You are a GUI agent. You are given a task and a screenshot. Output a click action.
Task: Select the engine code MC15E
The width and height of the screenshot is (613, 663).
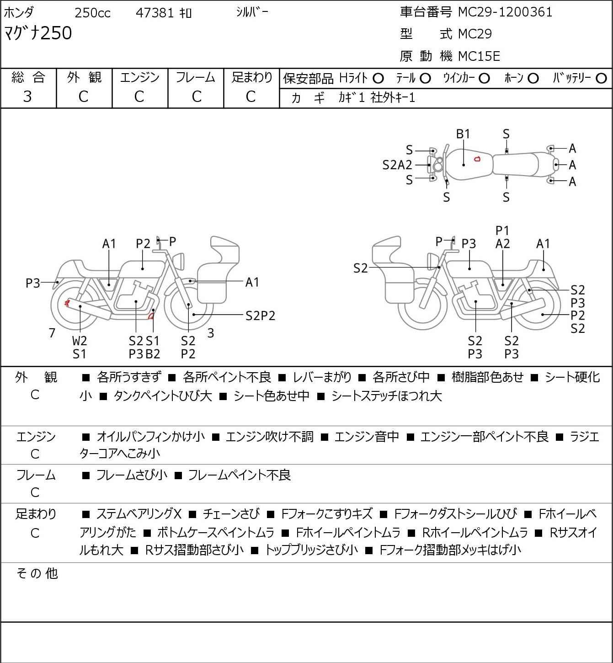pyautogui.click(x=479, y=56)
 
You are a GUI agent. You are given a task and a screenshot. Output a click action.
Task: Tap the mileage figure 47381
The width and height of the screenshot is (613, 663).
pyautogui.click(x=155, y=13)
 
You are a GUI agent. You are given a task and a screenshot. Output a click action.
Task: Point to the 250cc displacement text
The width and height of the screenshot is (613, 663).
pyautogui.click(x=92, y=13)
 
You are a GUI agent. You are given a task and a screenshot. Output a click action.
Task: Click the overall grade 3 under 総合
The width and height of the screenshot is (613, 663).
pyautogui.click(x=27, y=96)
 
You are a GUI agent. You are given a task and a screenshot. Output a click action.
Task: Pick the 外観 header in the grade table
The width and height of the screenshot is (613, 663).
pyautogui.click(x=84, y=77)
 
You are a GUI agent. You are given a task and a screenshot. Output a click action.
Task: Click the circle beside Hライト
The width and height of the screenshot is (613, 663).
pyautogui.click(x=378, y=79)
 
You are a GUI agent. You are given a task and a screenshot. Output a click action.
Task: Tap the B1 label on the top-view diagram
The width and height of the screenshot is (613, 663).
pyautogui.click(x=463, y=134)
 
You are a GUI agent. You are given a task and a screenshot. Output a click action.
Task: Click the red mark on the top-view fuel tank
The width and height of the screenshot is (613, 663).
pyautogui.click(x=477, y=159)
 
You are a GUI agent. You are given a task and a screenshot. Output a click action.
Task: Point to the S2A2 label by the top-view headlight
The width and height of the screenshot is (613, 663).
pyautogui.click(x=397, y=165)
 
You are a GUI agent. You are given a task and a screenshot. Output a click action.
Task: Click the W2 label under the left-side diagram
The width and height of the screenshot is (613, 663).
pyautogui.click(x=80, y=341)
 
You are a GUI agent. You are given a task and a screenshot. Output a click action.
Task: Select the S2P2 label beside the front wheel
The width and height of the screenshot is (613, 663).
pyautogui.click(x=260, y=315)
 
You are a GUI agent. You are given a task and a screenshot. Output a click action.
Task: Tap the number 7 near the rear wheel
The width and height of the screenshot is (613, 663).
pyautogui.click(x=53, y=333)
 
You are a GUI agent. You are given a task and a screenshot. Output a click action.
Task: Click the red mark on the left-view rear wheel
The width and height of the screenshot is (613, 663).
pyautogui.click(x=67, y=302)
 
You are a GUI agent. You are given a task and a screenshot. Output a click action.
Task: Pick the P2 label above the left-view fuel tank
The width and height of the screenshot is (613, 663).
pyautogui.click(x=143, y=244)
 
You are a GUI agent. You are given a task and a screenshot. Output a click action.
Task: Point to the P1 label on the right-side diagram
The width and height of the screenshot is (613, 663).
pyautogui.click(x=502, y=230)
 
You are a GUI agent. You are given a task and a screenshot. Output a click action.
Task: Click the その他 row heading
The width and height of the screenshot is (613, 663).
pyautogui.click(x=37, y=573)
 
